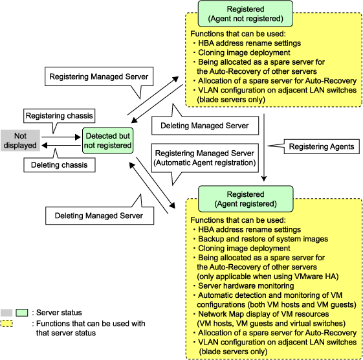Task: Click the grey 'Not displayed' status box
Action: pyautogui.click(x=20, y=141)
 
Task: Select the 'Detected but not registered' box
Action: pyautogui.click(x=107, y=141)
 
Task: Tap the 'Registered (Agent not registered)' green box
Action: pyautogui.click(x=245, y=14)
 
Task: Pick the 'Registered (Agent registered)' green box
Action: pyautogui.click(x=246, y=199)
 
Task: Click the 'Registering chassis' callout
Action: pyautogui.click(x=60, y=116)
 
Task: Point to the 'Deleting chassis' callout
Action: pyautogui.click(x=60, y=164)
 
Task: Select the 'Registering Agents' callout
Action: pyautogui.click(x=322, y=146)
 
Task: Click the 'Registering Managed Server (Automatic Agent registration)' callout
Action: pyautogui.click(x=205, y=158)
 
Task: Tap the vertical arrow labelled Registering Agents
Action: pyautogui.click(x=264, y=148)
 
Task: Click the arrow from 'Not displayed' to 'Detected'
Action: pyautogui.click(x=61, y=137)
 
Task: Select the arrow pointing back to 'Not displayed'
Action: pyautogui.click(x=61, y=146)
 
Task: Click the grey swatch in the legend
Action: pyautogui.click(x=6, y=313)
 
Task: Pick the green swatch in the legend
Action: pyautogui.click(x=22, y=313)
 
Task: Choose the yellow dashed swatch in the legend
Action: pyautogui.click(x=6, y=323)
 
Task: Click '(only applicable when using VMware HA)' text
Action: pyautogui.click(x=268, y=276)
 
